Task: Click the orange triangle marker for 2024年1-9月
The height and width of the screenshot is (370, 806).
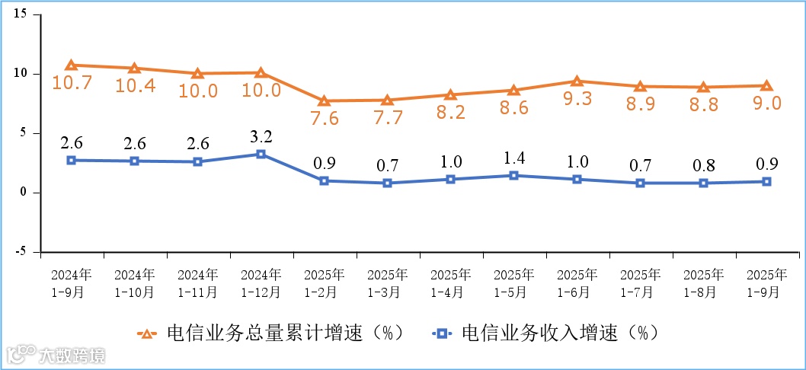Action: point(71,65)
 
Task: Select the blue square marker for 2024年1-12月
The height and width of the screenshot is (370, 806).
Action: point(261,154)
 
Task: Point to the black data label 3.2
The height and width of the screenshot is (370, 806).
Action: point(261,137)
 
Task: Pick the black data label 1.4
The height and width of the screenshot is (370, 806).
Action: point(513,158)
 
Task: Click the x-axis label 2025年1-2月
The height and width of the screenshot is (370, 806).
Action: point(324,282)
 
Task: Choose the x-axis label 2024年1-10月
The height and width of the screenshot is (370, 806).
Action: point(134,282)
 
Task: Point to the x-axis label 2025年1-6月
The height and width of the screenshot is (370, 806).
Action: point(577,282)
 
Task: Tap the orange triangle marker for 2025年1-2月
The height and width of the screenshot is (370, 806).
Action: point(324,100)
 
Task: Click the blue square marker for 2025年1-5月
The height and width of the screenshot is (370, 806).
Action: point(513,175)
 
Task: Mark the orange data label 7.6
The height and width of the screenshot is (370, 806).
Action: point(324,119)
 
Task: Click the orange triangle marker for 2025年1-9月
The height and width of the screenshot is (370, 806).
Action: point(766,86)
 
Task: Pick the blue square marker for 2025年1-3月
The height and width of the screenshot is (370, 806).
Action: point(387,183)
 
